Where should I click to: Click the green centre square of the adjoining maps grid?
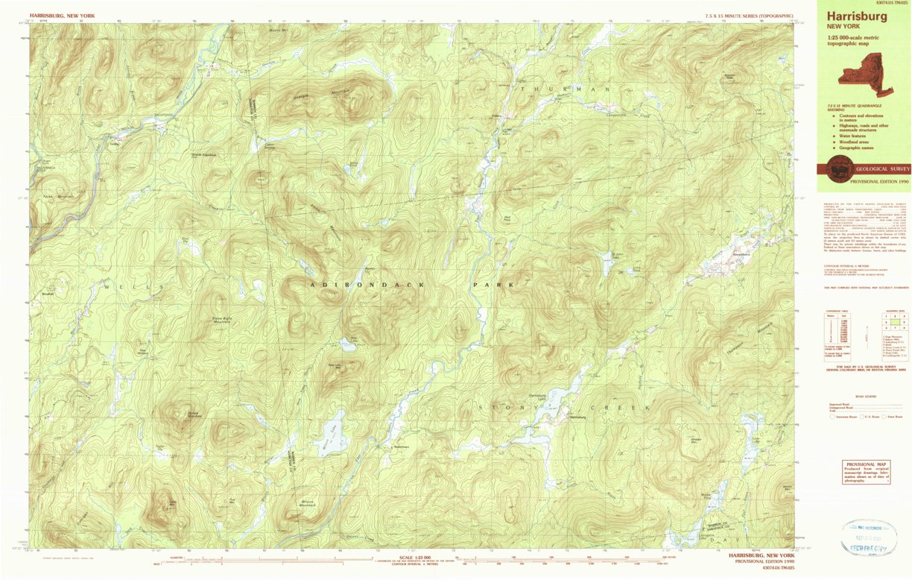[x=894, y=322]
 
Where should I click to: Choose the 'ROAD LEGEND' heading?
[x=865, y=397]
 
